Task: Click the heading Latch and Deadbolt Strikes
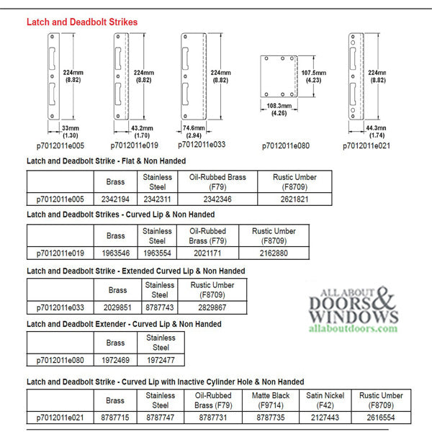[x=82, y=22]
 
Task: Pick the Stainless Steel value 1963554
[x=157, y=253]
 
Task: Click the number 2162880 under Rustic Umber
[x=273, y=253]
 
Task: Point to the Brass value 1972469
[x=115, y=360]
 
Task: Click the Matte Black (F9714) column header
[x=270, y=400]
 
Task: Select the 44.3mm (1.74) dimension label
[x=377, y=132]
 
